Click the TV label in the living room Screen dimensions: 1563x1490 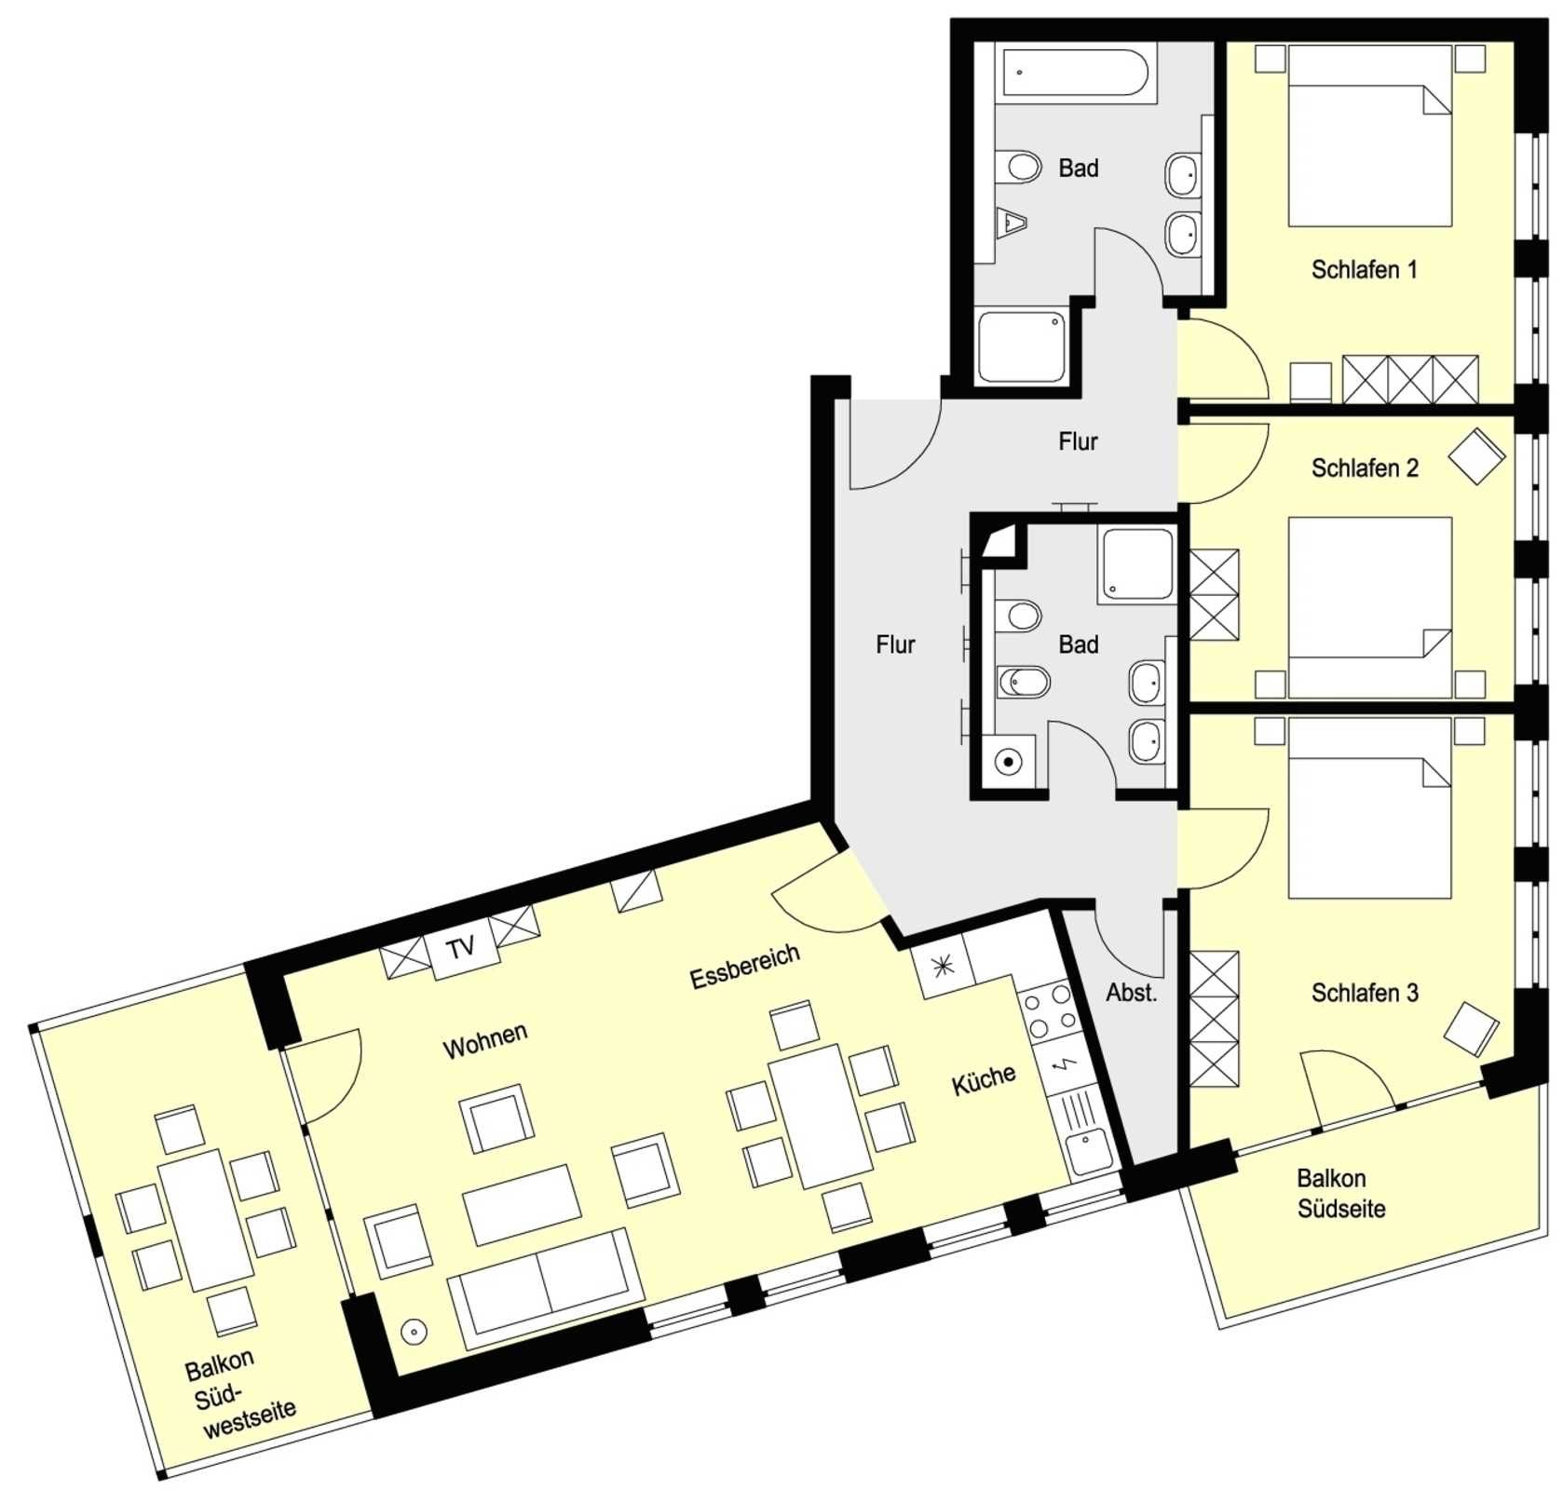(461, 948)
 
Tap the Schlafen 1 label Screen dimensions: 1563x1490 (1364, 270)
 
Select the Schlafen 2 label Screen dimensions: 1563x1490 (1365, 468)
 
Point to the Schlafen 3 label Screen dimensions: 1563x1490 (1365, 993)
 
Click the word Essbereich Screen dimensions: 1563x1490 (745, 966)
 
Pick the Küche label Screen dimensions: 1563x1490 (984, 1079)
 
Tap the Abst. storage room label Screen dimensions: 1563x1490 (1132, 993)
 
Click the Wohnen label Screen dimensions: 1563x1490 (485, 1040)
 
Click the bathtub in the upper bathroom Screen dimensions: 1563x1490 (1073, 72)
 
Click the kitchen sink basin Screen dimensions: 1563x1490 (1088, 1151)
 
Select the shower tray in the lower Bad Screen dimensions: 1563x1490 (1137, 564)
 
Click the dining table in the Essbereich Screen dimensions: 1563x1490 (820, 1115)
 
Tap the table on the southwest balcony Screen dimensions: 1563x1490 (206, 1219)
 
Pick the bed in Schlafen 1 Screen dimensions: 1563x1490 (1369, 136)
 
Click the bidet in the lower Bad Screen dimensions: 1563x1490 (1023, 682)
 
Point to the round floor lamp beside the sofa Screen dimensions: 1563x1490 (415, 1332)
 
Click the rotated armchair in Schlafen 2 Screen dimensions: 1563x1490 (1476, 456)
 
